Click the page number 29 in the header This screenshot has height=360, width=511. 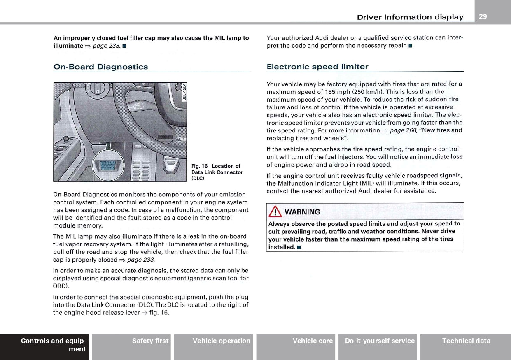483,16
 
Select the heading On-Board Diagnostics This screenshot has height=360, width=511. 100,67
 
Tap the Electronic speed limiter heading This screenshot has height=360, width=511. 317,67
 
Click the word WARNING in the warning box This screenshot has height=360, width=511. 302,212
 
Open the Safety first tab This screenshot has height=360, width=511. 150,341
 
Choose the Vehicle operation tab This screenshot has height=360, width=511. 221,341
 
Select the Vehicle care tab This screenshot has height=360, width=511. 313,341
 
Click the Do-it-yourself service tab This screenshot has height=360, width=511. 379,341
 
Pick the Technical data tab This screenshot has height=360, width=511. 466,341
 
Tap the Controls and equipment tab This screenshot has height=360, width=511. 53,345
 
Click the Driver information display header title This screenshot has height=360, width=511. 410,17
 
